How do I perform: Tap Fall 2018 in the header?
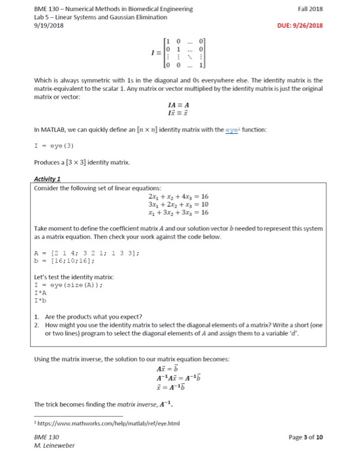pyautogui.click(x=328, y=9)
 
